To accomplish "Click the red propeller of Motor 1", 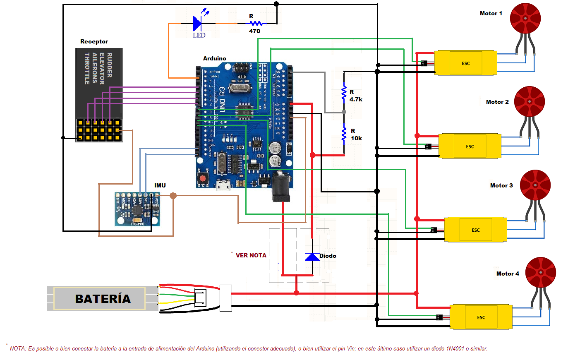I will [x=525, y=18].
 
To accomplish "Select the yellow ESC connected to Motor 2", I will [x=470, y=146].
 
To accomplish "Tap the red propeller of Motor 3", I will [x=535, y=185].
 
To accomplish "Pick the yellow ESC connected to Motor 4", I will [x=481, y=317].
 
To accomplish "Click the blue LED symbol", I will [x=198, y=24].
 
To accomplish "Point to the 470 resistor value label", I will [x=254, y=31].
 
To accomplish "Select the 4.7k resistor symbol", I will [x=344, y=93].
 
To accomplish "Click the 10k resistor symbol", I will [x=344, y=134].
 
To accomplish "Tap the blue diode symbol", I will [x=312, y=257].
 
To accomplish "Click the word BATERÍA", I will [x=103, y=298].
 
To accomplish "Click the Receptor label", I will [x=94, y=41].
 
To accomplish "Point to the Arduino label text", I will [x=214, y=58].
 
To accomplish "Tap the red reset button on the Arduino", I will [x=203, y=179].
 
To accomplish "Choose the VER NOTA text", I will [x=251, y=255].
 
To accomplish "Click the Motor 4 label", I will [x=508, y=274].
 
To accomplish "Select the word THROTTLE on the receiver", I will [x=87, y=69].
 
